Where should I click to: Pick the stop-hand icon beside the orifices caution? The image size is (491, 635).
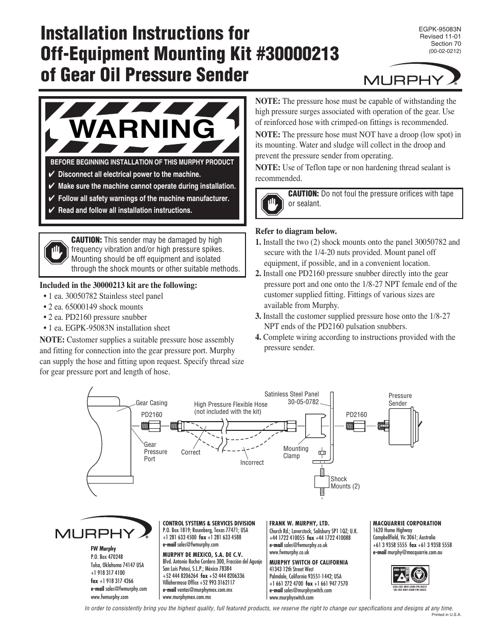pyautogui.click(x=271, y=204)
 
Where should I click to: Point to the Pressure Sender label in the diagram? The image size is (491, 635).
pyautogui.click(x=400, y=400)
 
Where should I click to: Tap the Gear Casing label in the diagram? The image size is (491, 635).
pyautogui.click(x=151, y=403)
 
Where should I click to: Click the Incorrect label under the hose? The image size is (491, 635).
pyautogui.click(x=252, y=463)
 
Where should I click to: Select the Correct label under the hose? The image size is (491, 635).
pyautogui.click(x=190, y=452)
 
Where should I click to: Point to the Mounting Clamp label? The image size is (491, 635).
pyautogui.click(x=295, y=452)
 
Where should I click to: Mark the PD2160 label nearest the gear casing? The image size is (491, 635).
pyautogui.click(x=151, y=414)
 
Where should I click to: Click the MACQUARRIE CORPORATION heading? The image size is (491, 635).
pyautogui.click(x=407, y=523)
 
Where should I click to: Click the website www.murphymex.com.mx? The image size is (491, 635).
pyautogui.click(x=187, y=597)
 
